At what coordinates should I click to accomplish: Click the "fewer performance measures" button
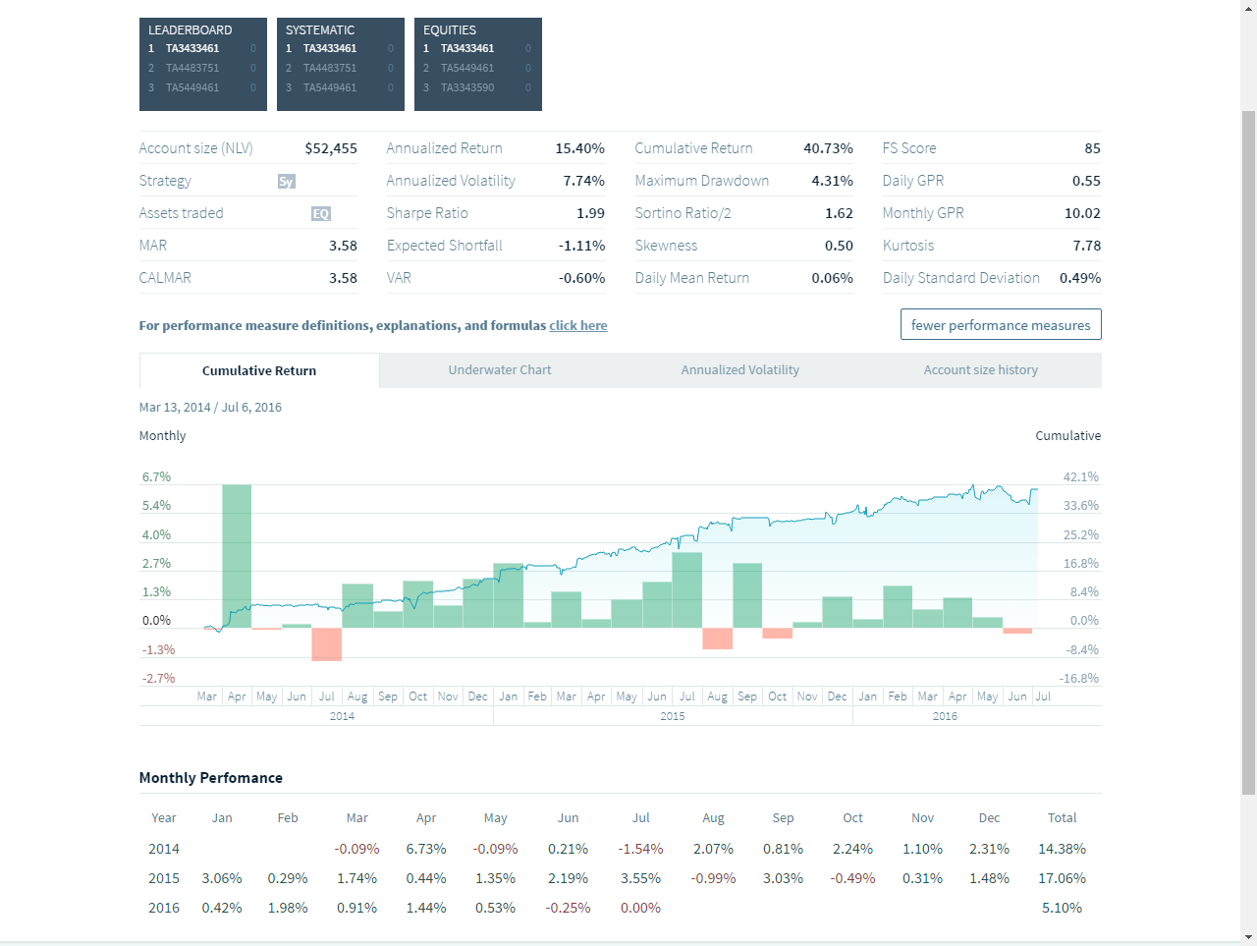[x=1001, y=325]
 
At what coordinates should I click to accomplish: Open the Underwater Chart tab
[x=500, y=370]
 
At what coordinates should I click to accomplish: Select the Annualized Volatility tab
[x=739, y=370]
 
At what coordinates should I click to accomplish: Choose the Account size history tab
[x=980, y=370]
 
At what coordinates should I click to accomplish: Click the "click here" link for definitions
[x=577, y=326]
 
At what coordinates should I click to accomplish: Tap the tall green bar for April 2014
[x=237, y=556]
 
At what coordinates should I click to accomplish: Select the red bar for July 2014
[x=326, y=644]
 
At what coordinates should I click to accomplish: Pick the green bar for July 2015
[x=687, y=590]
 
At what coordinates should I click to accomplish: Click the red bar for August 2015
[x=717, y=639]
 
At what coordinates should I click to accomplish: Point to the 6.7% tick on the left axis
[x=156, y=477]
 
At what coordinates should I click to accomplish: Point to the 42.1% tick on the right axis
[x=1080, y=477]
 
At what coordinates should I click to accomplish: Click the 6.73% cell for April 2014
[x=426, y=849]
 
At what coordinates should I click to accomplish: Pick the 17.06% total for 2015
[x=1062, y=878]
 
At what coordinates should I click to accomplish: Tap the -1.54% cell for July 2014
[x=640, y=849]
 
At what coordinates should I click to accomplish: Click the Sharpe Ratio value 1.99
[x=590, y=213]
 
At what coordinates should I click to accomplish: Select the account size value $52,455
[x=331, y=148]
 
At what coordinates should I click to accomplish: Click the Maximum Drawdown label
[x=701, y=181]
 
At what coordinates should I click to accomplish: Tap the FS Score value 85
[x=1092, y=148]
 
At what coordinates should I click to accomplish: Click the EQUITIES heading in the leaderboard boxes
[x=450, y=30]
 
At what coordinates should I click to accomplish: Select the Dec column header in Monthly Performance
[x=989, y=818]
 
